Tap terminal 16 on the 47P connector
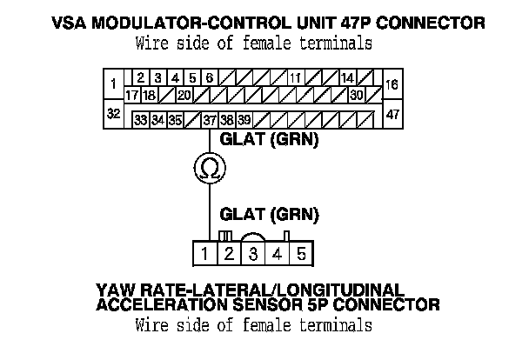tap(392, 84)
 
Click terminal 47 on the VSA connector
tap(392, 114)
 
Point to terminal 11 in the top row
tap(295, 78)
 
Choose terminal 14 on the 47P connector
tap(346, 78)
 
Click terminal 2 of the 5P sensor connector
tap(228, 254)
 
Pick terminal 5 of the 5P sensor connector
tap(300, 254)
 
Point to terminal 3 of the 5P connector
tap(252, 254)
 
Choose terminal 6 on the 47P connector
tap(209, 78)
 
